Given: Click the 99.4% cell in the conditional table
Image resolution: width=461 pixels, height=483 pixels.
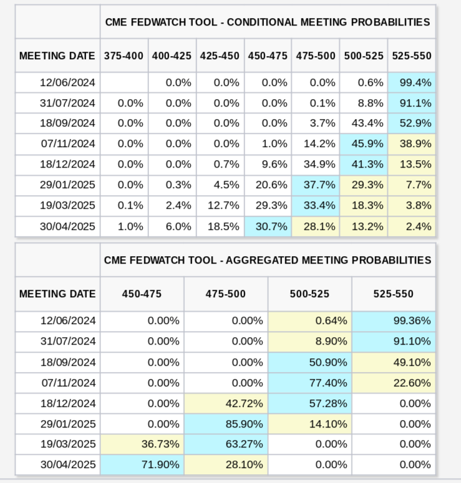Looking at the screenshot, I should click(412, 82).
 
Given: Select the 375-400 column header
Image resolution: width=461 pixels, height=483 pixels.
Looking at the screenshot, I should click(124, 55).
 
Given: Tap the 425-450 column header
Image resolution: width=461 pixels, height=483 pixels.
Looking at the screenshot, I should click(220, 55).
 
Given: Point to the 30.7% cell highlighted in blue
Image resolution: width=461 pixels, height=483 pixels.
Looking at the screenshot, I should click(268, 226).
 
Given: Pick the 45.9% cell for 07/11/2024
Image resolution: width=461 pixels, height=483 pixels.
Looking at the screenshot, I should click(364, 144).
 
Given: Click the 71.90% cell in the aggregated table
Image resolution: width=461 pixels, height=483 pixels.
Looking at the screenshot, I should click(142, 465).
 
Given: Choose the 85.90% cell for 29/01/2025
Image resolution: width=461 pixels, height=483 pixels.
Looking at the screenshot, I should click(226, 424).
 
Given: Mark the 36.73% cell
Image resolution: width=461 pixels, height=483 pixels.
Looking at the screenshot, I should click(142, 444).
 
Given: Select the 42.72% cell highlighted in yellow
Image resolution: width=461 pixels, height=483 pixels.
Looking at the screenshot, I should click(226, 403).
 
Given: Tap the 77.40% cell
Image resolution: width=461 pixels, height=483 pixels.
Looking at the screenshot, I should click(310, 383).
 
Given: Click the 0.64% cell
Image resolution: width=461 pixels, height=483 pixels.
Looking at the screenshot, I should click(310, 321).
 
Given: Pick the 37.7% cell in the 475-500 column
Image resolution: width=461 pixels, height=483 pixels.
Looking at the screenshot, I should click(316, 185).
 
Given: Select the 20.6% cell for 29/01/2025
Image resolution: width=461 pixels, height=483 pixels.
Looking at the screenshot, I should click(268, 185).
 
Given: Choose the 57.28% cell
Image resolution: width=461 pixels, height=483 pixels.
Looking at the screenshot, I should click(310, 403).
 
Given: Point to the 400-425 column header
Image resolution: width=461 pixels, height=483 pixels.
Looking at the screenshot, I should click(172, 55).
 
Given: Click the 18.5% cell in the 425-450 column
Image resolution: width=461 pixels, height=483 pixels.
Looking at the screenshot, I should click(220, 226).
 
